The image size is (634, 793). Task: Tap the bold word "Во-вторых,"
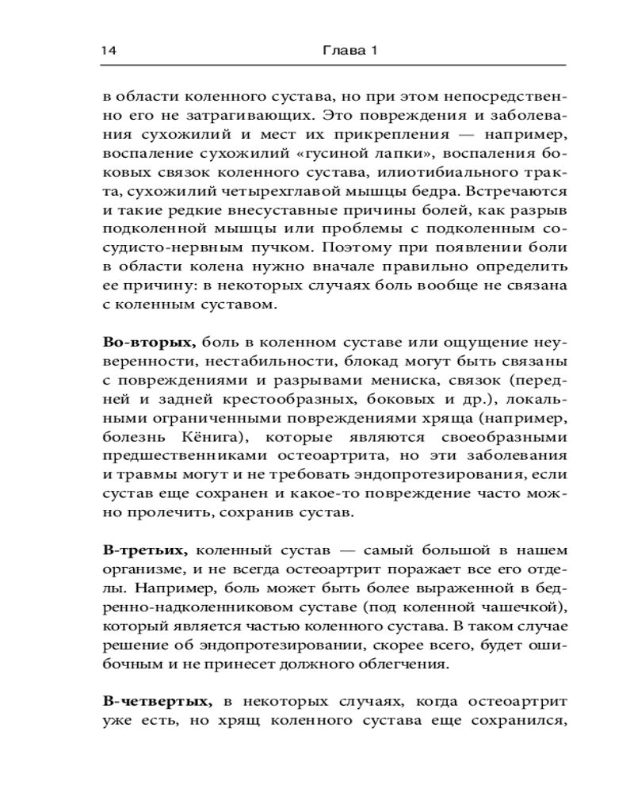149,343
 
